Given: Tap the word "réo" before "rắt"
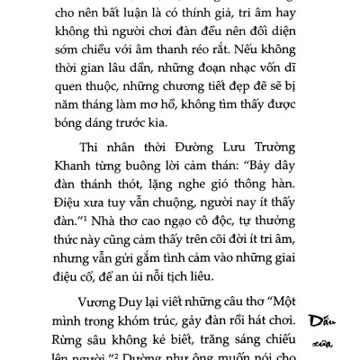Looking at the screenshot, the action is [255, 62].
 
